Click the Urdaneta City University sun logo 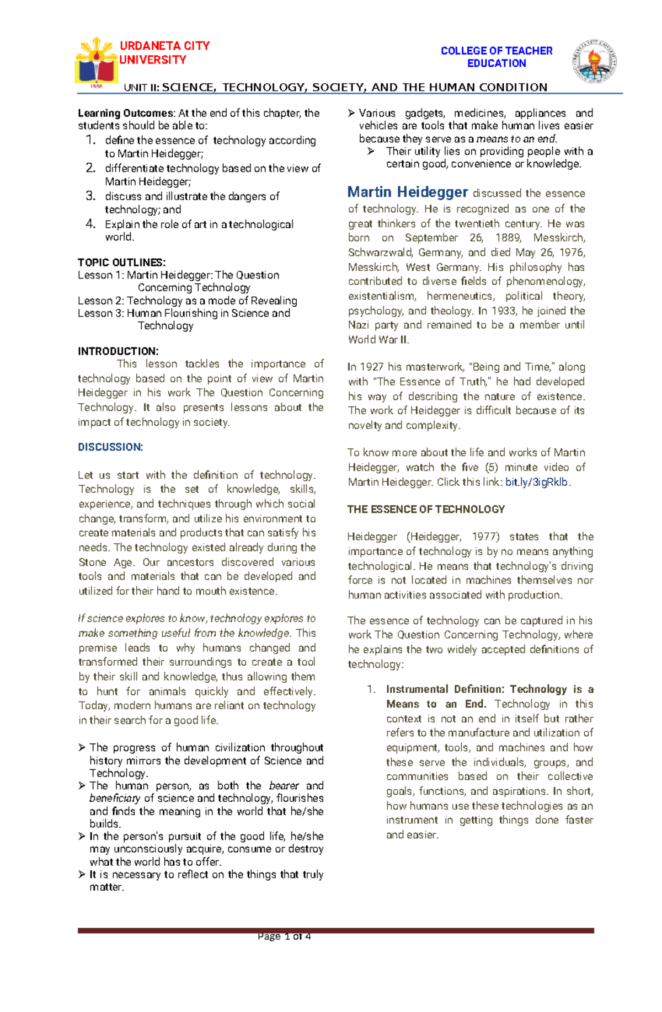97,62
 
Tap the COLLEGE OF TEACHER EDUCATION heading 496,57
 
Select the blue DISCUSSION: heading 110,447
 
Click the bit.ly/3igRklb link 536,482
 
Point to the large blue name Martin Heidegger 408,192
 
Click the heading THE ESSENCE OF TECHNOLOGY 426,509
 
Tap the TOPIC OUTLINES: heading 121,263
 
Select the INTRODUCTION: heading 118,351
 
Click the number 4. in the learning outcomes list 91,224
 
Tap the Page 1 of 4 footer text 284,936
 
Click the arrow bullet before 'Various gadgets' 351,114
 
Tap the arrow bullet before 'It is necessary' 82,874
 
